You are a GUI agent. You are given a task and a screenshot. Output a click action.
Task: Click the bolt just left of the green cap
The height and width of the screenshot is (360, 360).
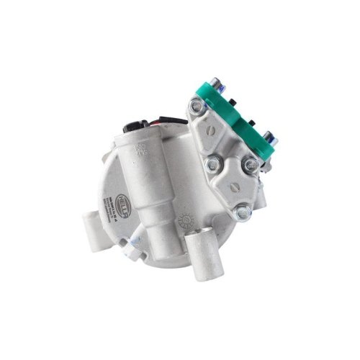pos(195,109)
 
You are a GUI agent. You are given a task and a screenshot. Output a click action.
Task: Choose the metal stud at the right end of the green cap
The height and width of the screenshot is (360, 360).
pos(269,136)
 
